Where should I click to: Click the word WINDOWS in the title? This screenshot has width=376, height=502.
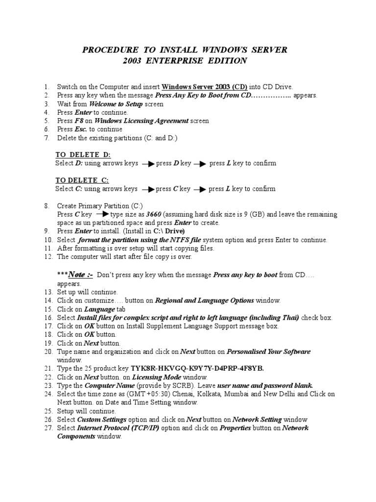click(x=223, y=50)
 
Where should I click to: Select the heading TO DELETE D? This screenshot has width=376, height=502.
click(x=83, y=155)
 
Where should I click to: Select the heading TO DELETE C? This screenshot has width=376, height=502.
click(x=82, y=180)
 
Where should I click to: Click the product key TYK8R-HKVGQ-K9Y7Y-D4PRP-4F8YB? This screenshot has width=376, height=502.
click(x=200, y=368)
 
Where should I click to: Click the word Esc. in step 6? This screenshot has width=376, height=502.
click(x=81, y=129)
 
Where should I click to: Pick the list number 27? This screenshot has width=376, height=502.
click(x=48, y=428)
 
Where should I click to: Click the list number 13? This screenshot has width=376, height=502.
click(x=48, y=292)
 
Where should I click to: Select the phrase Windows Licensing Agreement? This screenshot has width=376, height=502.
click(x=141, y=121)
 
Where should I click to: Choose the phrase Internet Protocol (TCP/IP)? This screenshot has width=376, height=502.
click(x=115, y=428)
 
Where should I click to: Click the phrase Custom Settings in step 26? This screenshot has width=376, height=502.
click(x=102, y=420)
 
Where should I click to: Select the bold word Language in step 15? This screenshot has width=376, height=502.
click(x=99, y=309)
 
